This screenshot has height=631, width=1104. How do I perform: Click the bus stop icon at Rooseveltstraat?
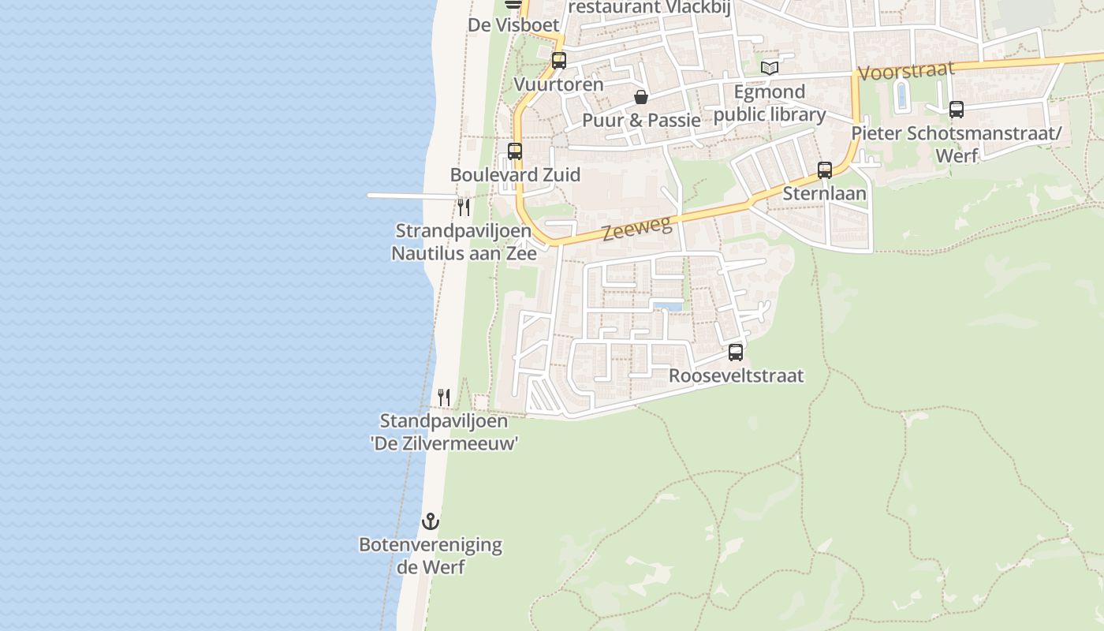coord(736,353)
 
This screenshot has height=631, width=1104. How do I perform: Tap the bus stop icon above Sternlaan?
coord(825,170)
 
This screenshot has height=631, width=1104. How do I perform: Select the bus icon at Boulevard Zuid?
coord(515,151)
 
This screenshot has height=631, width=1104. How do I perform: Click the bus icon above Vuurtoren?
coord(559,61)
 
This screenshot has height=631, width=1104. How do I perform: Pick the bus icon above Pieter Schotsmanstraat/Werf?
coord(957,110)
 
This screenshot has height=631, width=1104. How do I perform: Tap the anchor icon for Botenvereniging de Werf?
coord(431,521)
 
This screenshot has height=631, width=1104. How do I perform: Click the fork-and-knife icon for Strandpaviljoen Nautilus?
coord(464,207)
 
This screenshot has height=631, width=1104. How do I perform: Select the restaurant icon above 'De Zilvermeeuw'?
coord(444,398)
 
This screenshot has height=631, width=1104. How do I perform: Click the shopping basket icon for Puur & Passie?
coord(641,97)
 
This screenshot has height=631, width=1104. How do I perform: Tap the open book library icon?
coord(770,69)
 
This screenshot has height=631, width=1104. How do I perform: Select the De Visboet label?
coord(513,24)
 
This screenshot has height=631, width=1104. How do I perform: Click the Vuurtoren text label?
coord(558,84)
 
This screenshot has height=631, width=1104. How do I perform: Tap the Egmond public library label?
coord(770,103)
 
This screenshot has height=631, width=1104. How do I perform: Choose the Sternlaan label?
coord(824,193)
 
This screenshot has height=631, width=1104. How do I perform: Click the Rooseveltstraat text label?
coord(736,375)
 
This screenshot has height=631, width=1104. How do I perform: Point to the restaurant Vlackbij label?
coord(647,7)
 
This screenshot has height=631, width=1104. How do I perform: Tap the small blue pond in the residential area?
coord(668,306)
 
